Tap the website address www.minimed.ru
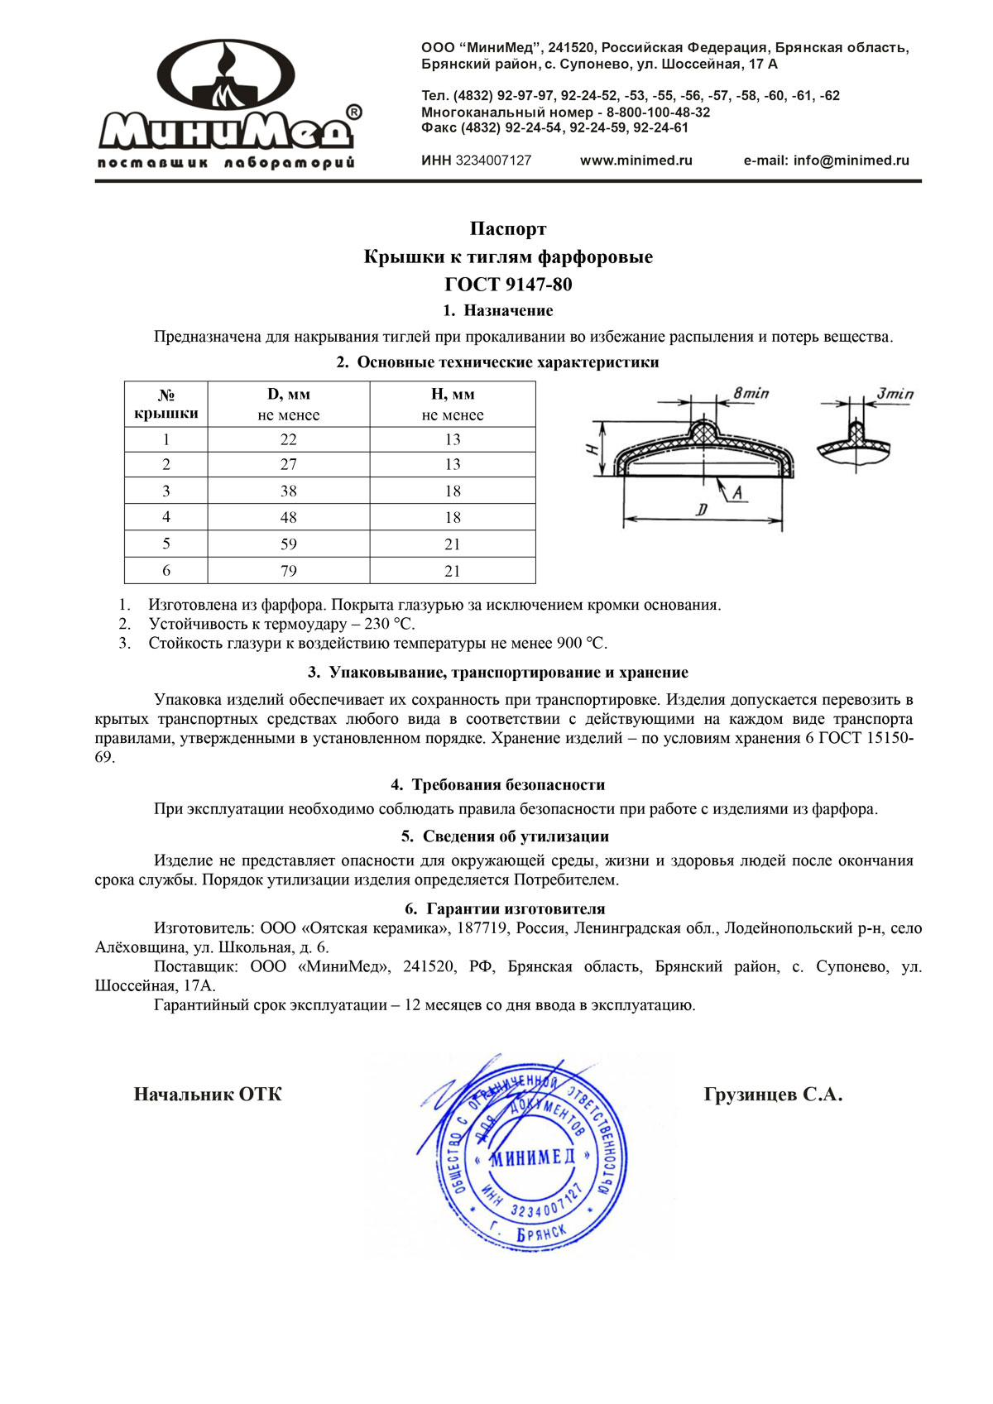click(636, 161)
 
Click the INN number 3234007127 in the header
click(493, 161)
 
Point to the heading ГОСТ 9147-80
click(508, 285)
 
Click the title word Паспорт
click(508, 228)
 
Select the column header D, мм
click(288, 395)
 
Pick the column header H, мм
click(453, 395)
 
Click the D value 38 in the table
click(288, 491)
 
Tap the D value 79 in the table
click(288, 571)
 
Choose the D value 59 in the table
click(288, 544)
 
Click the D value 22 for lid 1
click(288, 439)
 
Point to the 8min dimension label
click(751, 393)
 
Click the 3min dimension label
click(895, 393)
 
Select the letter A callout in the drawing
click(736, 494)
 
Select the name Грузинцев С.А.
click(773, 1095)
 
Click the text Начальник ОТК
click(208, 1095)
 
